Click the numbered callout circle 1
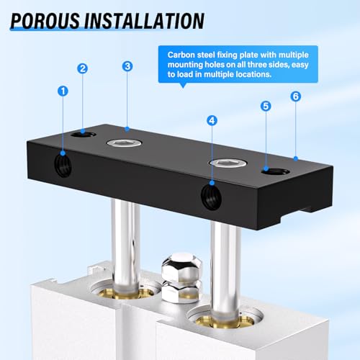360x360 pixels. point(63,92)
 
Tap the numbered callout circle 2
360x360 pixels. point(83,68)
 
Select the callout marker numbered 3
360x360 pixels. point(127,66)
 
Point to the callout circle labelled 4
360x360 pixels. point(212,120)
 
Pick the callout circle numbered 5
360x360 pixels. point(266,106)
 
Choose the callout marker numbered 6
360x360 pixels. point(295,96)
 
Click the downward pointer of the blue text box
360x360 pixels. point(185,85)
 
